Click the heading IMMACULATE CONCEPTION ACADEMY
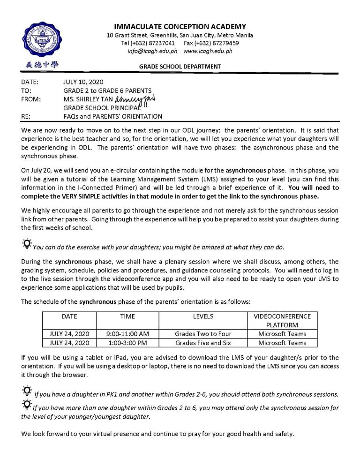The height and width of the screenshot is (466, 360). tap(180, 27)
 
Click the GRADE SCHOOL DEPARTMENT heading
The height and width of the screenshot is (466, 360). tap(180, 67)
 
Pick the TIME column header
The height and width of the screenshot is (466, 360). tap(127, 316)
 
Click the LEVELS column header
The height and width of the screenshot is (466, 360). tap(203, 316)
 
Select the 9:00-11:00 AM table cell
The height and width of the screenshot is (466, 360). tap(127, 334)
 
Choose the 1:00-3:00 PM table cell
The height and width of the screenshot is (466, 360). tap(127, 343)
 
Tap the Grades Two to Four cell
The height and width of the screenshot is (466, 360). tap(203, 334)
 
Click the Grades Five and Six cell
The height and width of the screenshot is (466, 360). tap(203, 343)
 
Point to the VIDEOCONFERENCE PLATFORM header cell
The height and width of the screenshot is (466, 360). tap(282, 321)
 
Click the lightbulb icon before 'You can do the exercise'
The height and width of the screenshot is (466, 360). tap(27, 244)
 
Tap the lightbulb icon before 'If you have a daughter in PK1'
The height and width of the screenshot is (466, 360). tap(27, 390)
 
